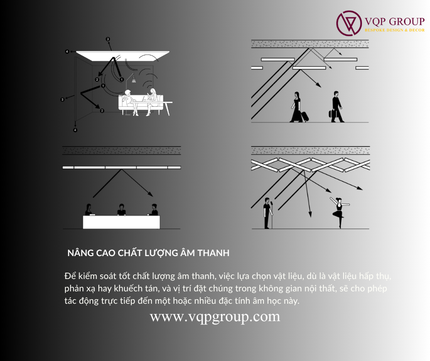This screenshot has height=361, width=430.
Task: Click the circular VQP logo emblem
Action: pos(349,23)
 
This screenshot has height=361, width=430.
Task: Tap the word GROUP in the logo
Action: pos(407,22)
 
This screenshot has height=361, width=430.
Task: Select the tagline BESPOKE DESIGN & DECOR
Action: pos(395,30)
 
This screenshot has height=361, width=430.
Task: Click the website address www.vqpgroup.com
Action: pos(215,317)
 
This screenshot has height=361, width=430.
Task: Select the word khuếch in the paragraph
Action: pos(129,288)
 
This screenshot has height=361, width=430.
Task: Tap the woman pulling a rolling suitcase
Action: pos(296,107)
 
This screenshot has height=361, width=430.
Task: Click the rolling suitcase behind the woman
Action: pos(305,116)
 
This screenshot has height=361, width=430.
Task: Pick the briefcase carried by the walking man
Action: pos(331,114)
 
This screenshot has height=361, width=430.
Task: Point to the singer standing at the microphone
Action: pos(267,213)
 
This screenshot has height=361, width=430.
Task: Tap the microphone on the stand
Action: pos(272,203)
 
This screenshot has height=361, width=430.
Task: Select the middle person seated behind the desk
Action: pos(121,210)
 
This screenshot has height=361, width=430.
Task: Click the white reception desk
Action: pos(121,222)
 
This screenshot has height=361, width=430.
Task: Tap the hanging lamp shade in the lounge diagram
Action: pos(134,80)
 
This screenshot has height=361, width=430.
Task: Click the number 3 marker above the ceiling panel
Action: pos(108,39)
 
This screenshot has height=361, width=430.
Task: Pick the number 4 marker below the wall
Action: pos(75,130)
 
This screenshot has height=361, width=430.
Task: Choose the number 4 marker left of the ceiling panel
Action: pos(67,51)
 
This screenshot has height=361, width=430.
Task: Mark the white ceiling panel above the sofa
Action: pos(123,56)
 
